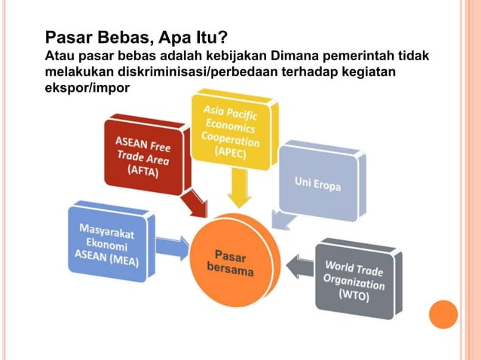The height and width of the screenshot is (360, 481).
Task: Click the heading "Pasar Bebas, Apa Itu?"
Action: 136,37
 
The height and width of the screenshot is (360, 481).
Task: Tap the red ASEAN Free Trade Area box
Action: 143,154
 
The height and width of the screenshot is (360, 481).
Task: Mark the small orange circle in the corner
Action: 443,315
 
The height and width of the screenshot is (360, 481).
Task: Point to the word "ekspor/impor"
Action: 87,88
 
